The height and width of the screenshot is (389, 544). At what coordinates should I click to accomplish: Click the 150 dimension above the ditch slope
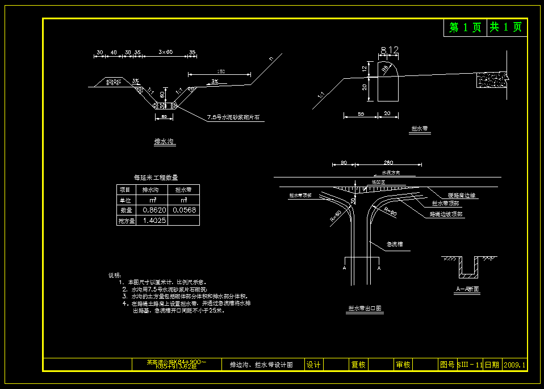[221, 71]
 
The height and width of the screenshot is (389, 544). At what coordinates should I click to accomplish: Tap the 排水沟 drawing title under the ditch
[165, 142]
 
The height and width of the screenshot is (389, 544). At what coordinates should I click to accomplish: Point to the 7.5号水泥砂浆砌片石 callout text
[237, 117]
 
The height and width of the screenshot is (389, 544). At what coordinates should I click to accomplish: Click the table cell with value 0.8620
[154, 210]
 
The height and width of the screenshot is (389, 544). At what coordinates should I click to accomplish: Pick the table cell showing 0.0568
[185, 210]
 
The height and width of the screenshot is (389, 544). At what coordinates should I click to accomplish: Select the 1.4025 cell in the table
[154, 220]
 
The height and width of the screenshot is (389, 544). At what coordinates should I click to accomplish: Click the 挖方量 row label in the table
[126, 221]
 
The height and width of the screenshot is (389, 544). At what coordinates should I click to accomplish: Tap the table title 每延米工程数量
[156, 177]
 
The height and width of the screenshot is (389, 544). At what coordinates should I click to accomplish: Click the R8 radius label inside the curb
[386, 69]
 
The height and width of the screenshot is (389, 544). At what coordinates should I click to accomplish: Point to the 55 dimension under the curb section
[361, 114]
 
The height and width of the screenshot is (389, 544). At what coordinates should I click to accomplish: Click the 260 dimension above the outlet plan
[388, 163]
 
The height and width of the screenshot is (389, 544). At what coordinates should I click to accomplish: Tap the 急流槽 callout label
[395, 244]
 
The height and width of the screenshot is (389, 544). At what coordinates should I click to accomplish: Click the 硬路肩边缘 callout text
[462, 195]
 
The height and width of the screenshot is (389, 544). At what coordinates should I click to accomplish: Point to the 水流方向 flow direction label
[391, 172]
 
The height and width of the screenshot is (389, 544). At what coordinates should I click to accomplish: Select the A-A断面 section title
[467, 289]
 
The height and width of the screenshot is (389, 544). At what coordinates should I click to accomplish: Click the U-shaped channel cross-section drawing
[468, 268]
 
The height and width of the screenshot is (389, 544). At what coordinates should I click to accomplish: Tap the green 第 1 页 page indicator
[465, 27]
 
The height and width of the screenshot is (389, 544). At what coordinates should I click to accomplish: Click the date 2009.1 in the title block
[515, 365]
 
